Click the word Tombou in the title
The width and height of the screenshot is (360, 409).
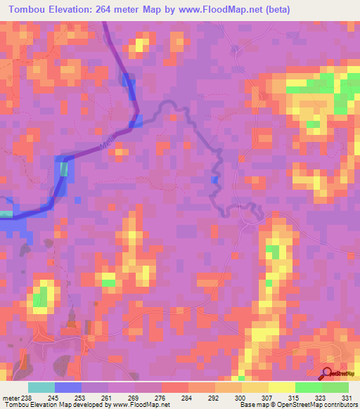(30, 9)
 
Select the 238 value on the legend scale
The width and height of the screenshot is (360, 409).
(27, 397)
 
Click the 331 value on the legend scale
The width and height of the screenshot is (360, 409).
(348, 397)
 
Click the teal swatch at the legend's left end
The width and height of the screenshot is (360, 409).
(41, 387)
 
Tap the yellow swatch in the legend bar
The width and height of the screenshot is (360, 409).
(281, 387)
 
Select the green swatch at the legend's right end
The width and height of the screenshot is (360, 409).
(335, 387)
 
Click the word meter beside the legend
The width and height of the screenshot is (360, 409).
(10, 397)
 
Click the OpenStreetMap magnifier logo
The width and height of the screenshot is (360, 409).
(328, 373)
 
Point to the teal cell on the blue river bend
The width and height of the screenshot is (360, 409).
(64, 169)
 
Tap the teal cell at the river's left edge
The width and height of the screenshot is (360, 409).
(6, 214)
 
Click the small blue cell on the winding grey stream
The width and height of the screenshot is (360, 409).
(214, 181)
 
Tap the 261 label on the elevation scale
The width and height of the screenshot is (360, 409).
(108, 397)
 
